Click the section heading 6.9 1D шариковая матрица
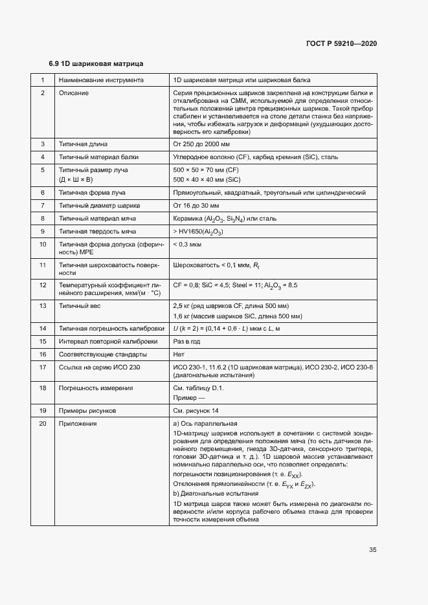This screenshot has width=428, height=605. [x=96, y=64]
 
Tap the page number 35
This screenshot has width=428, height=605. [x=373, y=550]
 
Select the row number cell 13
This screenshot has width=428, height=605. [x=43, y=305]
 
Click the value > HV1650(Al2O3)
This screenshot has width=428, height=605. [x=199, y=231]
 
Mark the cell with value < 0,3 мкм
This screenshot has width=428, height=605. [x=188, y=244]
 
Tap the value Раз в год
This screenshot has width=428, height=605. [x=186, y=341]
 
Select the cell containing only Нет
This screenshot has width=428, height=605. [x=179, y=354]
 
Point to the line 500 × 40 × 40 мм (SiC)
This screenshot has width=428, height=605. [x=207, y=179]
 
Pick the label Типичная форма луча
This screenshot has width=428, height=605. [x=92, y=192]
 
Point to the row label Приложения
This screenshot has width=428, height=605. [x=78, y=424]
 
